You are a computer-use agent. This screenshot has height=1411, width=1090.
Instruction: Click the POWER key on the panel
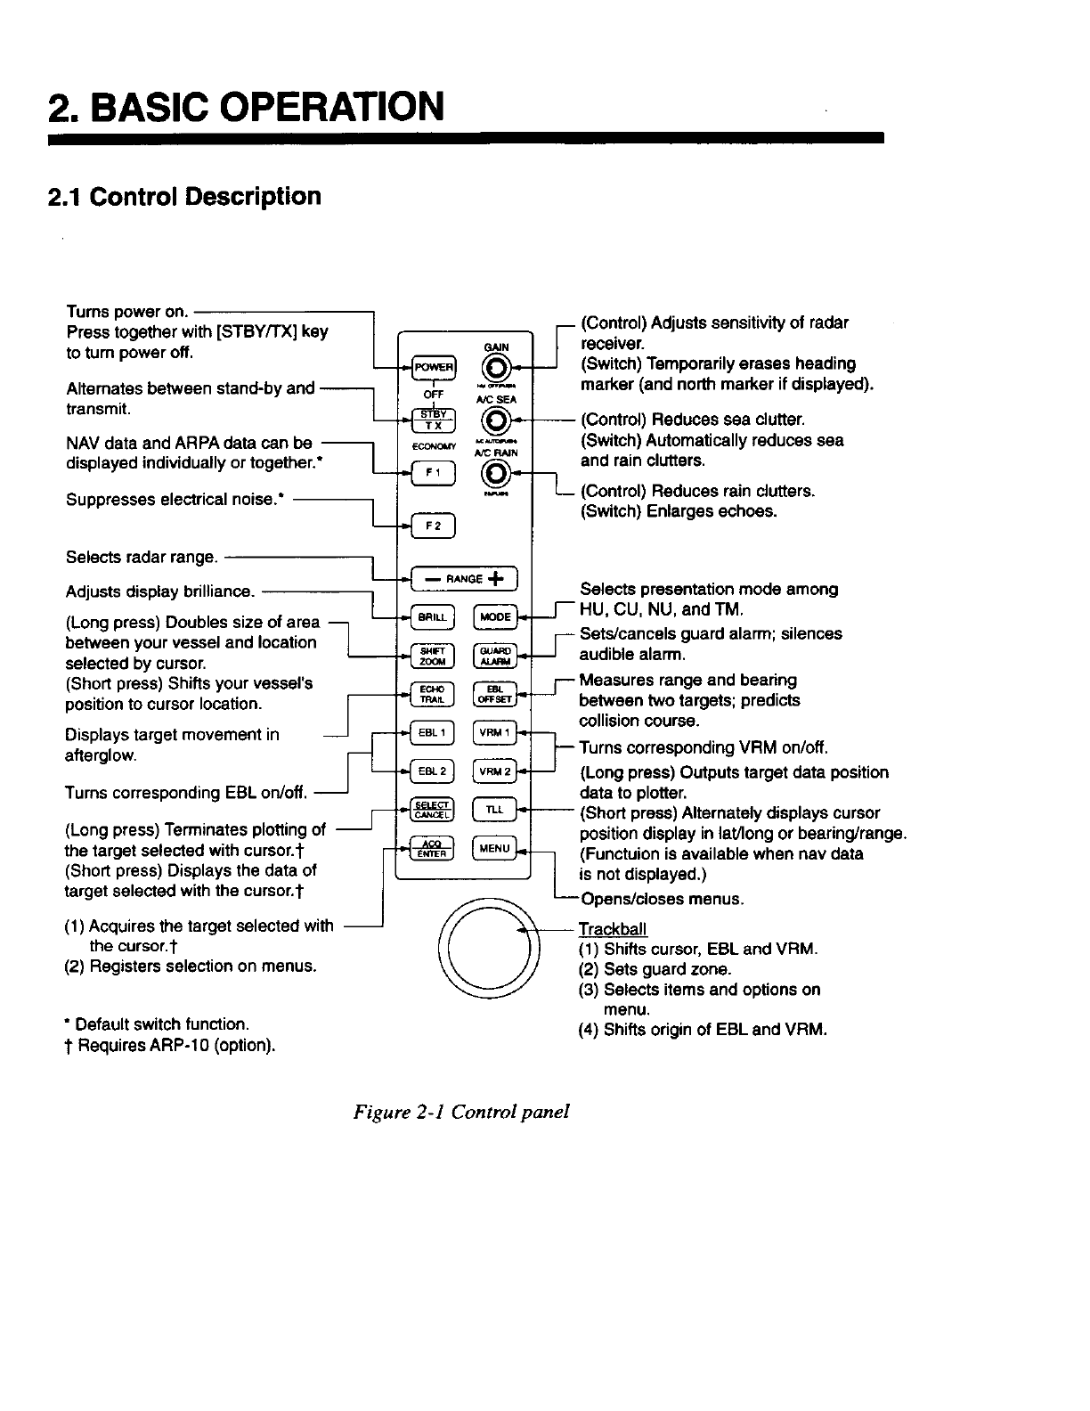point(434,367)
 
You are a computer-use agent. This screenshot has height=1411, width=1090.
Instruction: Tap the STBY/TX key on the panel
point(434,419)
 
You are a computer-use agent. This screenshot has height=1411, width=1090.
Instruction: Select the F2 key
point(434,526)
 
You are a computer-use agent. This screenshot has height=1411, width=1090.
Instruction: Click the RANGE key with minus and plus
point(464,579)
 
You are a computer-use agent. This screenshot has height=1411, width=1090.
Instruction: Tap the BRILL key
point(434,616)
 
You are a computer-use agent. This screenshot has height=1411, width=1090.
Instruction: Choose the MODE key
point(495,616)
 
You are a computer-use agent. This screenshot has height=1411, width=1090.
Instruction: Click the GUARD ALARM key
point(495,655)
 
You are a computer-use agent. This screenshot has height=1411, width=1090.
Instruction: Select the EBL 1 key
point(434,732)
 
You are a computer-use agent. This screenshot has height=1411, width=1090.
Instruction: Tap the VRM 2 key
point(495,771)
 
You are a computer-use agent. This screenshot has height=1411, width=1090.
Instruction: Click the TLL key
point(495,809)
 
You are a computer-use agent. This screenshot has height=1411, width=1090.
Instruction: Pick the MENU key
point(495,848)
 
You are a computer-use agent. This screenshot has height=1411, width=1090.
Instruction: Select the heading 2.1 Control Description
point(185,196)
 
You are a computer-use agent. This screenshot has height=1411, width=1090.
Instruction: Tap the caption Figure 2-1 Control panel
point(460,1112)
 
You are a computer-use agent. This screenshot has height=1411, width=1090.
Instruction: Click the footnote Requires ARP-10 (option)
point(170,1045)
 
